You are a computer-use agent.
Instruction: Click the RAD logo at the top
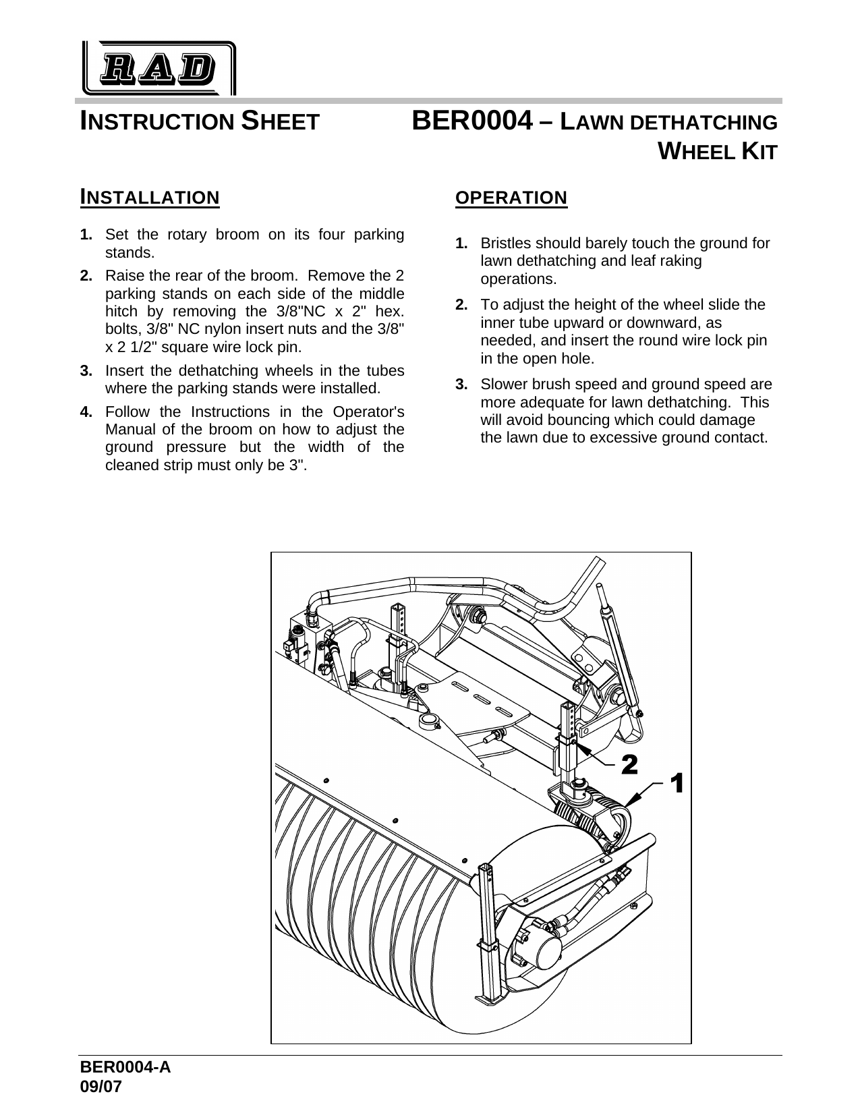click(159, 68)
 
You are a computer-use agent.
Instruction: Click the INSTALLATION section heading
click(150, 198)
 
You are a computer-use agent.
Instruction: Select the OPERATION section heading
click(511, 198)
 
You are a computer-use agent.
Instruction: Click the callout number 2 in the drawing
click(629, 764)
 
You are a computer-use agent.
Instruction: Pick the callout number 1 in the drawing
click(677, 784)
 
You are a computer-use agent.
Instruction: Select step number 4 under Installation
click(86, 412)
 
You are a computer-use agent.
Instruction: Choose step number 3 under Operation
click(461, 384)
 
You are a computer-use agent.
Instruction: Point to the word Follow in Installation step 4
click(125, 412)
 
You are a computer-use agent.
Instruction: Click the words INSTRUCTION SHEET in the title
click(200, 122)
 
